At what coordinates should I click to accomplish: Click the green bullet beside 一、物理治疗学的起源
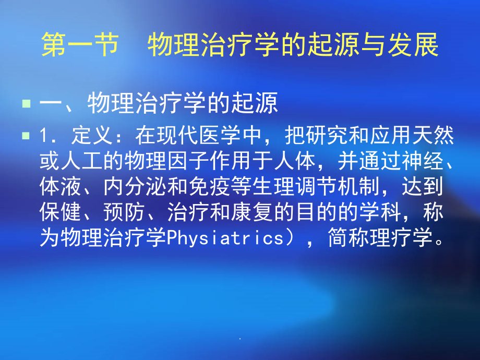pos(26,104)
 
